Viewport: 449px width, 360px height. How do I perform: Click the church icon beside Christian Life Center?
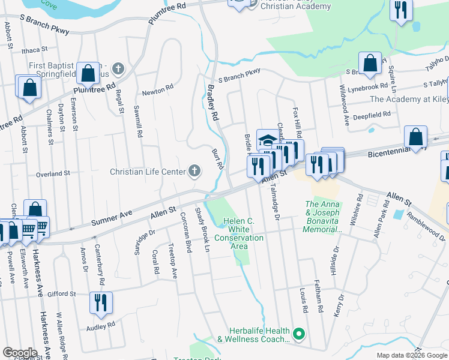(x=194, y=172)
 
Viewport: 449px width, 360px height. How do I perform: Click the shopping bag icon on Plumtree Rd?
(x=88, y=74)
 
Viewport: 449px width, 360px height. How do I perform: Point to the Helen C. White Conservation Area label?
(x=240, y=233)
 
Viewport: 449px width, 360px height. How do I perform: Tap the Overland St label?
(x=53, y=173)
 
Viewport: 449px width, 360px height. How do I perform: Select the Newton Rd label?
(x=157, y=93)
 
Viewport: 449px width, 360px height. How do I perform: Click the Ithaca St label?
(x=34, y=50)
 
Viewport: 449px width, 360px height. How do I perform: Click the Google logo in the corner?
(x=20, y=353)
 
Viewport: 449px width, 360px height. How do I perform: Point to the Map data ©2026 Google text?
(x=411, y=355)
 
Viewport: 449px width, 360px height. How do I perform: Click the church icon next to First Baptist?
(x=118, y=68)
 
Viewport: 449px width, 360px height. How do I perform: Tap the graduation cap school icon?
(x=268, y=141)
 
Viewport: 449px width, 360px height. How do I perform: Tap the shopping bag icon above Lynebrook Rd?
(x=370, y=62)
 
